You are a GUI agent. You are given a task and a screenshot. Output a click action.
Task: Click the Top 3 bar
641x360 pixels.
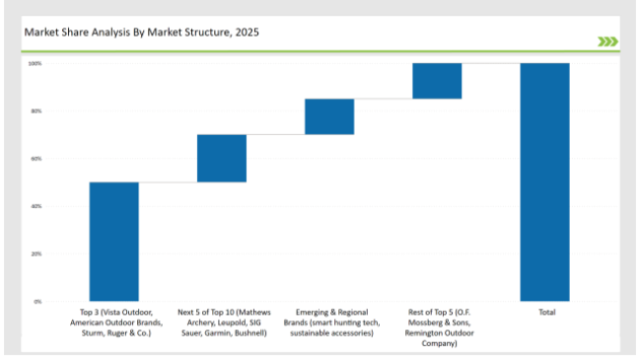coord(113,242)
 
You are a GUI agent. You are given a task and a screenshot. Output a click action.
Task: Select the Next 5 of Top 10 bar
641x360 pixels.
coord(221,158)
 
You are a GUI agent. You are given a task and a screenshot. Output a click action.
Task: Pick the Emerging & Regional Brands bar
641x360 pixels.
coord(328,116)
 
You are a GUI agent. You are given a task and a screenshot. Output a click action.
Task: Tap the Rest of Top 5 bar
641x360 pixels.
coord(437,81)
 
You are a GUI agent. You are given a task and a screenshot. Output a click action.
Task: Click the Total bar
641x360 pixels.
coord(544,181)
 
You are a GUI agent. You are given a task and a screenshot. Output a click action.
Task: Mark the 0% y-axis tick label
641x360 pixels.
coord(36,301)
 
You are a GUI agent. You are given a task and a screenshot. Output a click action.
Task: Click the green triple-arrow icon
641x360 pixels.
coord(607,41)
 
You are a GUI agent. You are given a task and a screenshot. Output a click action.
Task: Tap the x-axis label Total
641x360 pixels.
coord(545,313)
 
